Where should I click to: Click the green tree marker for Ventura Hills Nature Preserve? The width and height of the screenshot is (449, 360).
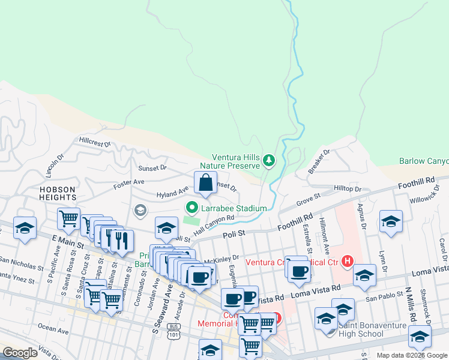coord(269,161)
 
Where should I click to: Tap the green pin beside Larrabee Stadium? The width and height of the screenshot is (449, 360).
coord(192,208)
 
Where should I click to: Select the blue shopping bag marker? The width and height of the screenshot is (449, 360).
coord(205,183)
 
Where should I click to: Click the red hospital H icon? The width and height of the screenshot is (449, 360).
coord(346,261)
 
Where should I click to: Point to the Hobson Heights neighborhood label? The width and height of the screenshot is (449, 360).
coord(58,194)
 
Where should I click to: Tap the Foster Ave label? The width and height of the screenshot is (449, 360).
coord(130,182)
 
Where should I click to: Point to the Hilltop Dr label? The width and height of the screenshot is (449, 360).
coord(348,188)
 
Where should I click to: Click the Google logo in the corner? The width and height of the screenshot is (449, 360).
coord(20,353)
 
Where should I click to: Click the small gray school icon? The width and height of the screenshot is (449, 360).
coord(140,210)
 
